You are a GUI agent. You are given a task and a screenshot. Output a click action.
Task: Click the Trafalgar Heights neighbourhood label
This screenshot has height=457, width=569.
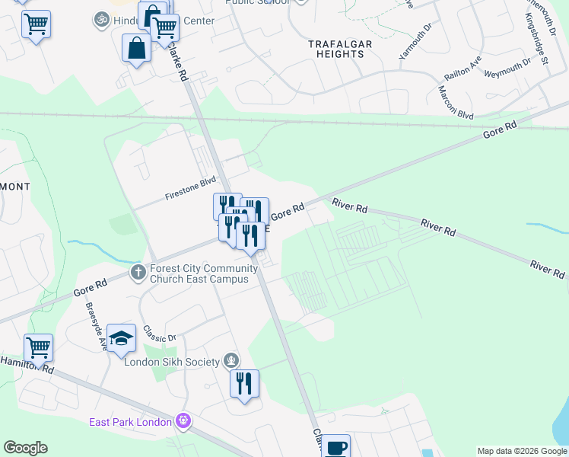(340, 50)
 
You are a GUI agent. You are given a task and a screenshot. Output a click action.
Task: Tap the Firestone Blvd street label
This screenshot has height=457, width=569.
(191, 190)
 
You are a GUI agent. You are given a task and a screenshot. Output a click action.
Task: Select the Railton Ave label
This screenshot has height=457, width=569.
(463, 71)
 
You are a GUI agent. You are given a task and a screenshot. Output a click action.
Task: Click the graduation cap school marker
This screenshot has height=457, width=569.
(121, 338)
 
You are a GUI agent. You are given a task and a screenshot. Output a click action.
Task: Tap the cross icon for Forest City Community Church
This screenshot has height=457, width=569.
(138, 272)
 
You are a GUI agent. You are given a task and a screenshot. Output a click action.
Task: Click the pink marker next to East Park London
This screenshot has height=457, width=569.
(183, 420)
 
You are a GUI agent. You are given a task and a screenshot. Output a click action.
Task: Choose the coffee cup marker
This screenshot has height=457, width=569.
(335, 446)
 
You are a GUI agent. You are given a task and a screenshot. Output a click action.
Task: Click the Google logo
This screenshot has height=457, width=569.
(26, 448)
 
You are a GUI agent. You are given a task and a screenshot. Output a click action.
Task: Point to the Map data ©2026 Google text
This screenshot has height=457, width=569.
(521, 451)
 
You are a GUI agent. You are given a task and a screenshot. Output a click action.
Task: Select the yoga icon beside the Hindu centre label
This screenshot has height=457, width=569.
(100, 19)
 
